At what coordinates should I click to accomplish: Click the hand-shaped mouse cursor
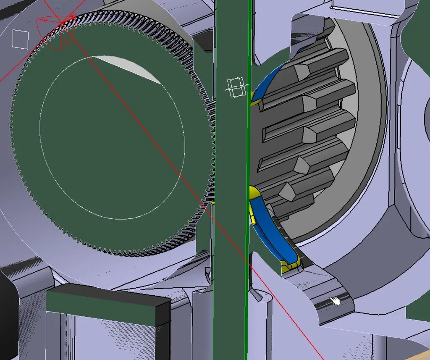pos(335,301)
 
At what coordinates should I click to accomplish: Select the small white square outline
pos(20,38)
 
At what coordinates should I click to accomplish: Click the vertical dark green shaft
pos(230,168)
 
